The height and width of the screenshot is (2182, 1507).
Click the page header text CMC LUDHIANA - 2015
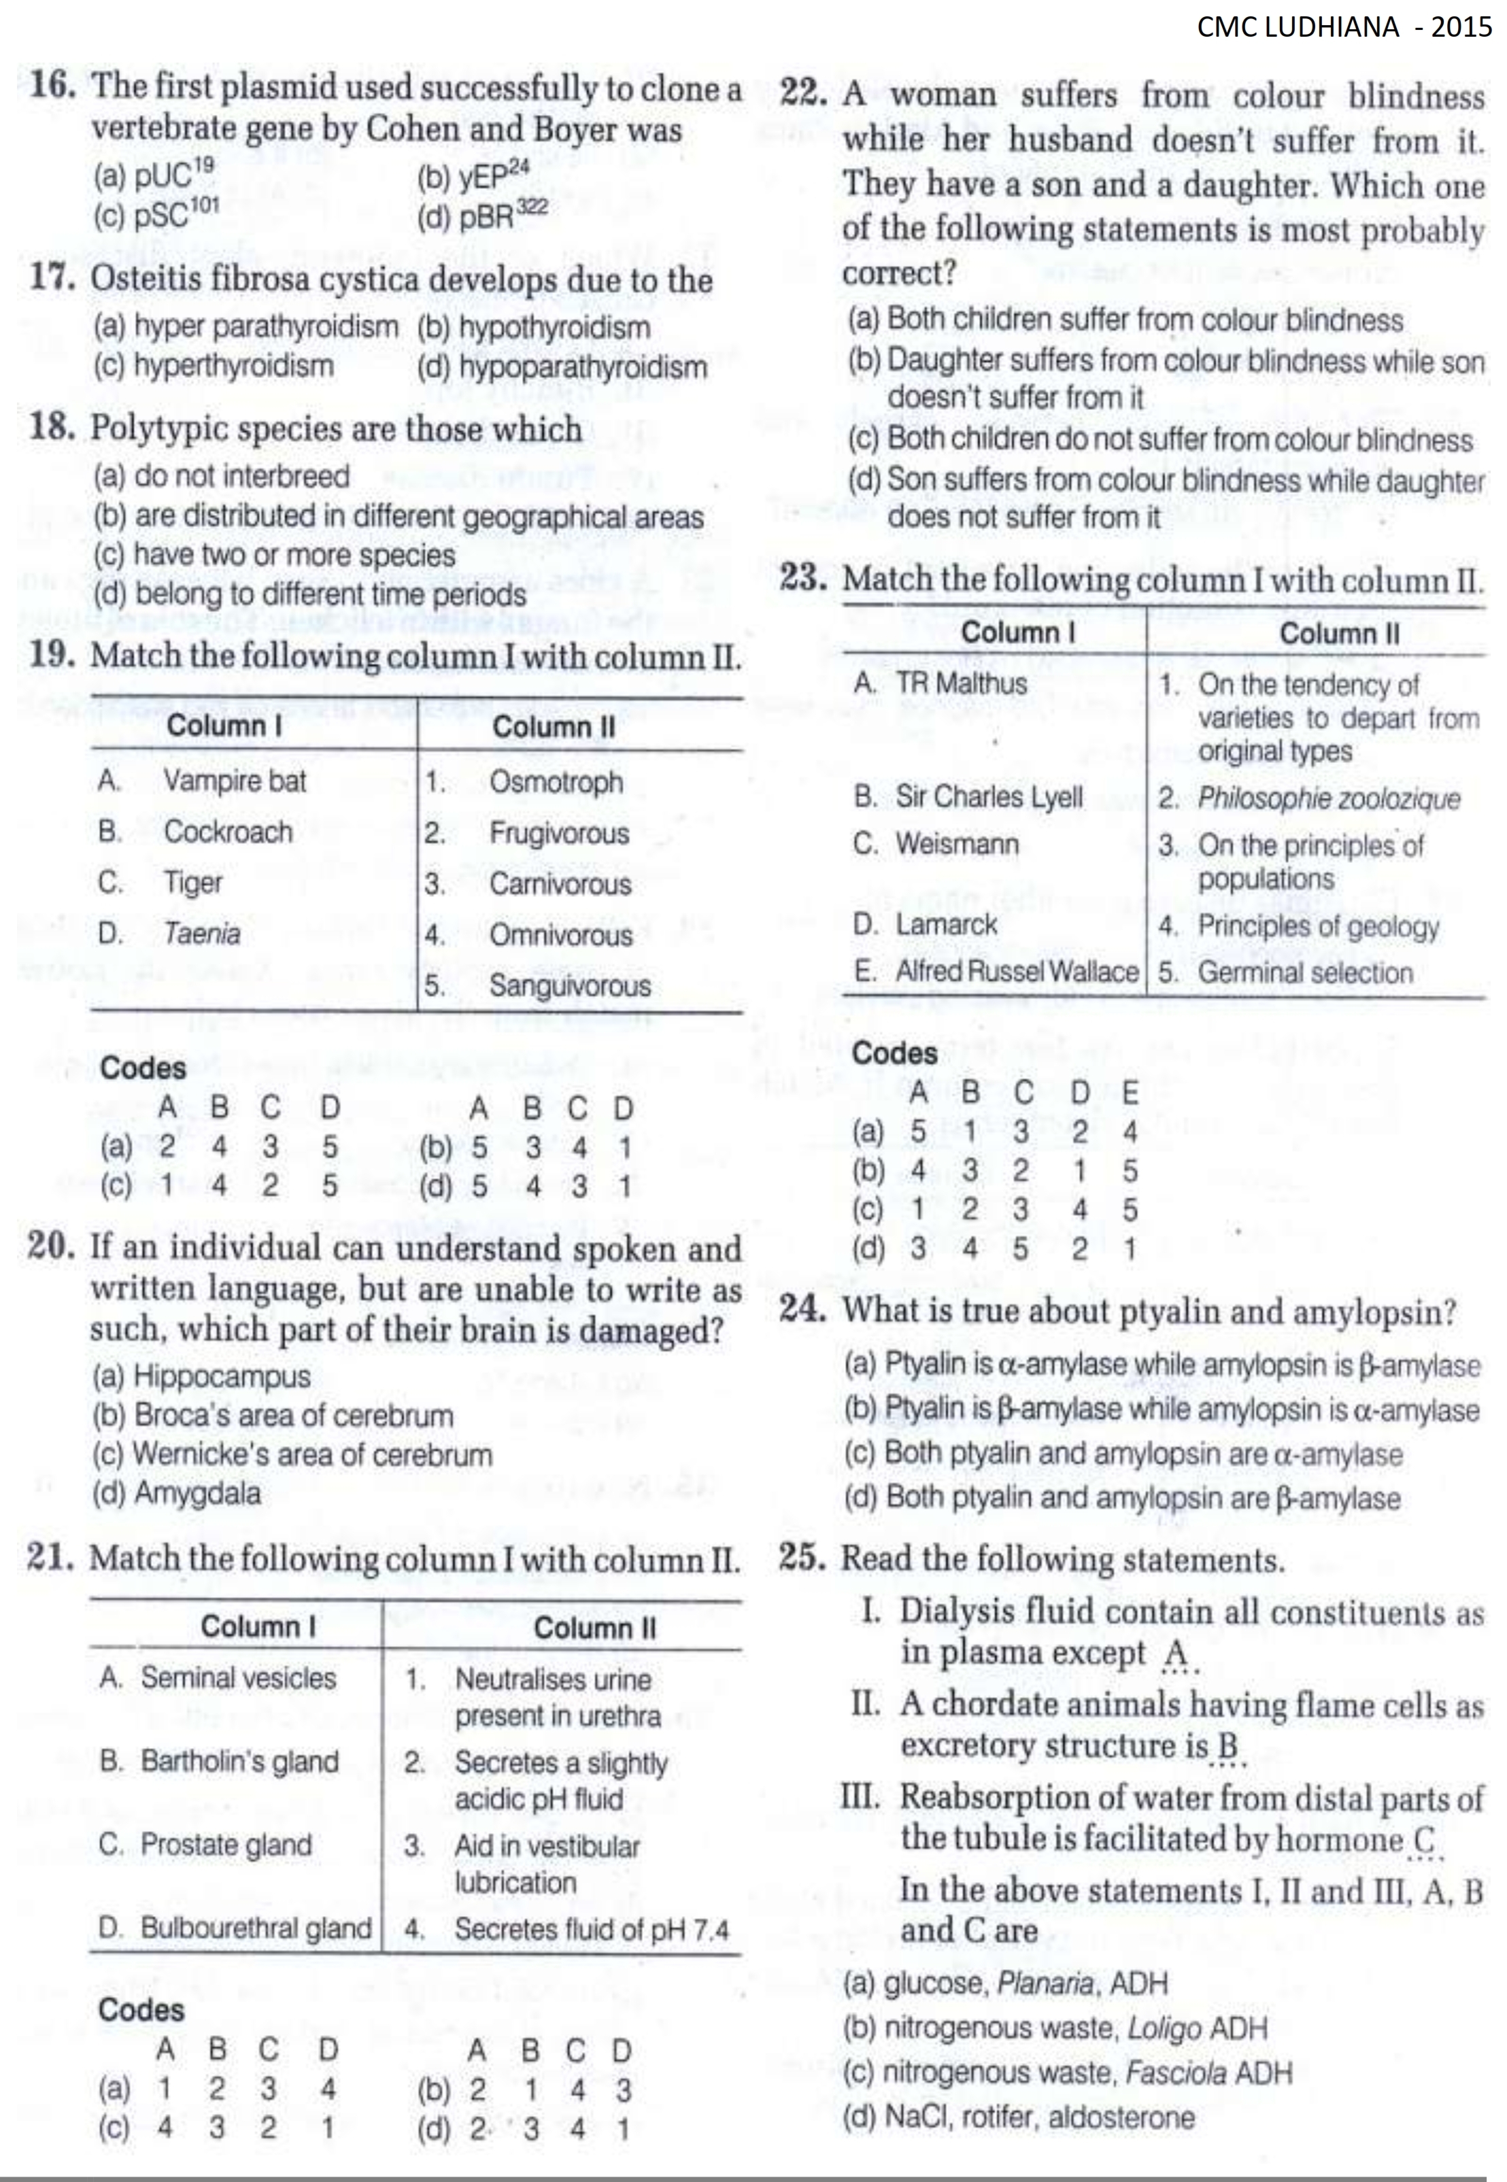coord(1344,27)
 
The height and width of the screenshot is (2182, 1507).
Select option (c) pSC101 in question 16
coord(156,214)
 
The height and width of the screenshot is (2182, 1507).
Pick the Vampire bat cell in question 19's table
coord(234,781)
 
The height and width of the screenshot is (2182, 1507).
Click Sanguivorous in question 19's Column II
coord(569,986)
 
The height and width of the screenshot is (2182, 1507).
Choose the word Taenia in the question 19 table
coord(201,934)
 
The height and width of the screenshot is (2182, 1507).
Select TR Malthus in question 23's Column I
coord(960,683)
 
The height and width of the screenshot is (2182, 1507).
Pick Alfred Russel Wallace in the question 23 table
coord(1017,972)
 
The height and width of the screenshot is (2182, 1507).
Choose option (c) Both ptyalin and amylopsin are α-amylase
coord(1123,1454)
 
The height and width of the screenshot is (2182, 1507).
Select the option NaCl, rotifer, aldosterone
coord(1018,2117)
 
